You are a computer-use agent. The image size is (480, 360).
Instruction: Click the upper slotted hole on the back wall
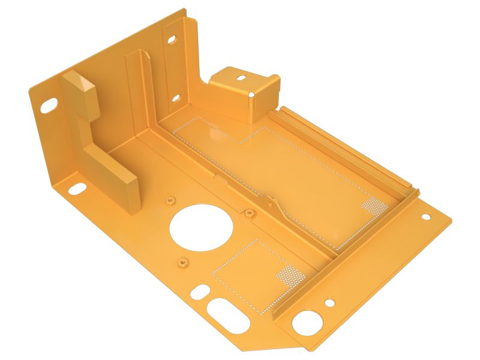pyautogui.click(x=172, y=40)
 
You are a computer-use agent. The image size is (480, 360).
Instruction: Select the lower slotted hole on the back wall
pyautogui.click(x=176, y=97)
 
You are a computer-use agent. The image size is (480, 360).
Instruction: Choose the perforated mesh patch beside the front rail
pyautogui.click(x=289, y=274)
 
